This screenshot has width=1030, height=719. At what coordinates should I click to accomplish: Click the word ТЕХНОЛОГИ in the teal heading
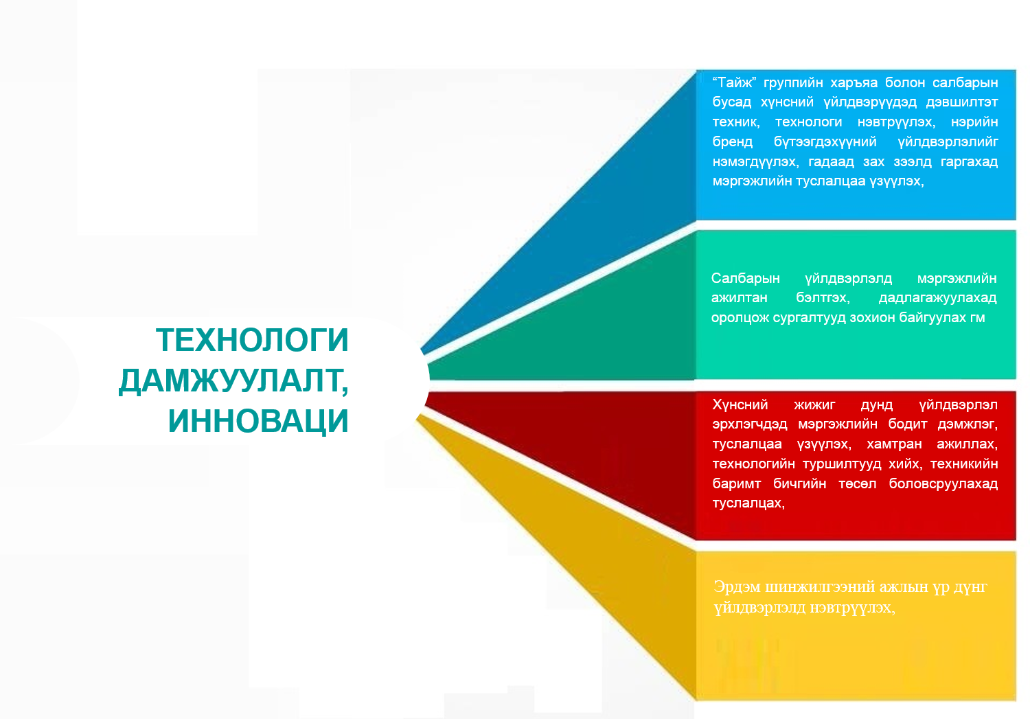(252, 340)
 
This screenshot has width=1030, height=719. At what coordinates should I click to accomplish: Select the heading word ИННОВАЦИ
(258, 421)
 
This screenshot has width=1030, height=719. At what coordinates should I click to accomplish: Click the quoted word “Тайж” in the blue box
(734, 82)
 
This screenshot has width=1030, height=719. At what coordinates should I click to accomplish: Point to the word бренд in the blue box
(732, 141)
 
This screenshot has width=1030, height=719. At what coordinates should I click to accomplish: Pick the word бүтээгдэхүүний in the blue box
(825, 142)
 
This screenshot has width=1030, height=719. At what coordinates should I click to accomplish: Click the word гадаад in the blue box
(831, 162)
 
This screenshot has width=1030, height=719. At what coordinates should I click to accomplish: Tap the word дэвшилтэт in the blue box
(961, 102)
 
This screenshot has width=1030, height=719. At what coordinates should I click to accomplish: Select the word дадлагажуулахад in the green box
(937, 298)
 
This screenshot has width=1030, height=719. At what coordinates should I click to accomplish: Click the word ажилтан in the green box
(739, 298)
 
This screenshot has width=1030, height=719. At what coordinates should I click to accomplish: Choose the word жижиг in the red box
(814, 404)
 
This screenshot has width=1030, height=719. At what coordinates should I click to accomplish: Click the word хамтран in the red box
(894, 444)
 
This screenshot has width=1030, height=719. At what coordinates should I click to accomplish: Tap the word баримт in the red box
(736, 483)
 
